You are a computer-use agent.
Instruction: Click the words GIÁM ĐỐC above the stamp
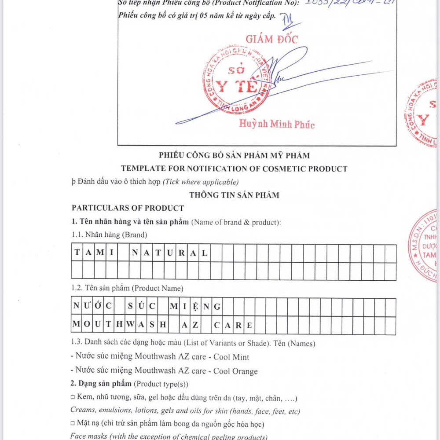click(x=271, y=39)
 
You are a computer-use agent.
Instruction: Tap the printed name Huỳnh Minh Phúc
click(x=277, y=124)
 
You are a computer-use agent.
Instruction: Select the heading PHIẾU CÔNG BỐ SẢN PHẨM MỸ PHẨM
click(x=234, y=155)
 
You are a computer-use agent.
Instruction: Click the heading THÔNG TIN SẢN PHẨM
click(x=234, y=195)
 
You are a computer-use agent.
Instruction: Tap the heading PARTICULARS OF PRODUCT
click(x=128, y=208)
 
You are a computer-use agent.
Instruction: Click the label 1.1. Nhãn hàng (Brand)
click(x=109, y=235)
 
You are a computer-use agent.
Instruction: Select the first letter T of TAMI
click(x=77, y=253)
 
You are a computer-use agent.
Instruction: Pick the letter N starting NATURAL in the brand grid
click(x=135, y=253)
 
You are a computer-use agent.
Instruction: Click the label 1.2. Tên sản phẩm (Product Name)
click(x=127, y=289)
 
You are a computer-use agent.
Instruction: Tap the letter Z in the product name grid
click(x=195, y=326)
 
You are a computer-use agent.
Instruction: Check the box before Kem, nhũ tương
click(x=73, y=399)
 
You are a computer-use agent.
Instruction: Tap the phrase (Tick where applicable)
click(x=201, y=182)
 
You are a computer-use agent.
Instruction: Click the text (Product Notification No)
click(x=252, y=3)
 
